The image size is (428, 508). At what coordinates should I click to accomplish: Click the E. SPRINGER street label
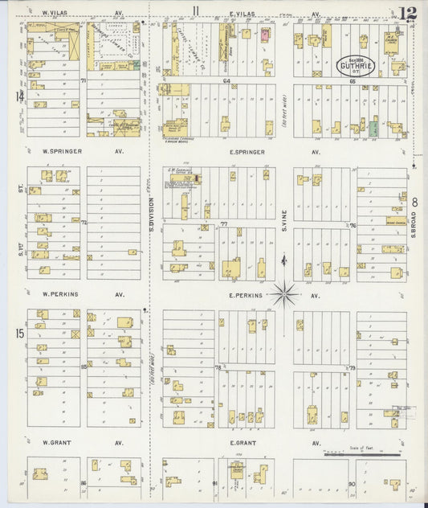(x=243, y=151)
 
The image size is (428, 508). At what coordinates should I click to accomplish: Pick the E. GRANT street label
(x=243, y=442)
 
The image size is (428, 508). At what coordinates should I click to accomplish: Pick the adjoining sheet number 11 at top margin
(x=195, y=10)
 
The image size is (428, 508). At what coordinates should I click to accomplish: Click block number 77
(x=225, y=224)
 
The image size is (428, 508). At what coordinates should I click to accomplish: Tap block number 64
(x=227, y=81)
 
